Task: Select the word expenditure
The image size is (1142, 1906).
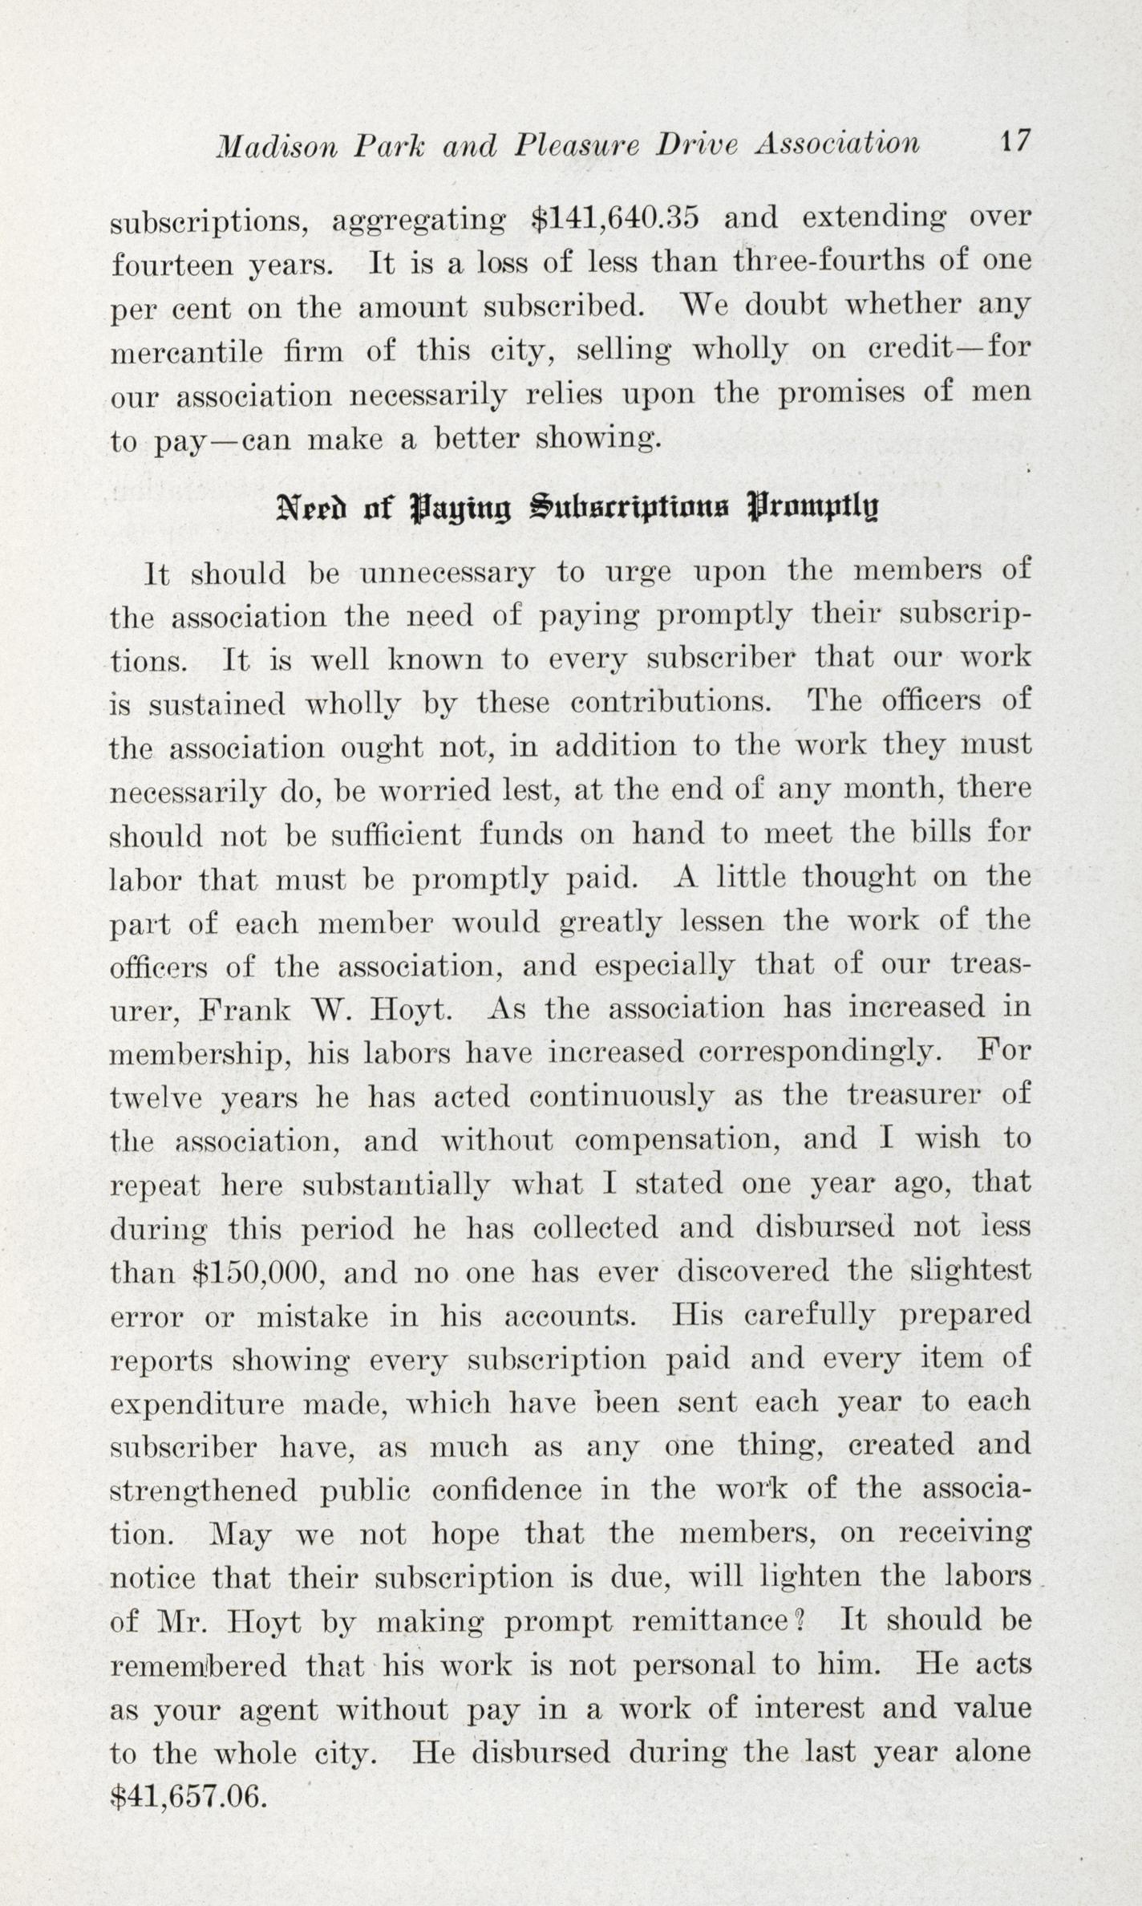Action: [197, 1405]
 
